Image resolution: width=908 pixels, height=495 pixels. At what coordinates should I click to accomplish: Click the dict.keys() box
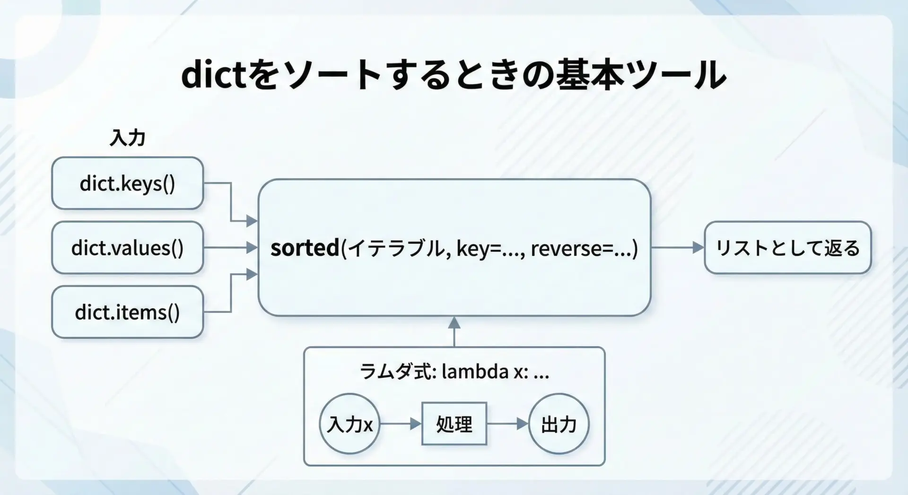point(128,183)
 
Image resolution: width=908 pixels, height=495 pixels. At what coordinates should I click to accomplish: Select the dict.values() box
point(128,248)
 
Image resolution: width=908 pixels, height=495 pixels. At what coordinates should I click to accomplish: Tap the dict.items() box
point(128,312)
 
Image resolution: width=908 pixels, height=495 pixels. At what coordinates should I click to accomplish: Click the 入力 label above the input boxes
point(127,138)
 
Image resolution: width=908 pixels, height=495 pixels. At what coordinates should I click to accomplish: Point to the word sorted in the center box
point(305,248)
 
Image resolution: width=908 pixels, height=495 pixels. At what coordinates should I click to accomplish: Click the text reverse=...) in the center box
point(585,248)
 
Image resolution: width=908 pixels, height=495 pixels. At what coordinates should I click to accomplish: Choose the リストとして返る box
point(788,248)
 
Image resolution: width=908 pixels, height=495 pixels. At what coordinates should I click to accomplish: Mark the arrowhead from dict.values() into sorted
point(252,247)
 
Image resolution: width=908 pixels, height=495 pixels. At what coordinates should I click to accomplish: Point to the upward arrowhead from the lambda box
point(454,323)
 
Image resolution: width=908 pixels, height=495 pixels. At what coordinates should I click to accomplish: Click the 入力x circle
point(350,424)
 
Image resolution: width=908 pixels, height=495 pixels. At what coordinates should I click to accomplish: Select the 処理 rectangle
point(454,424)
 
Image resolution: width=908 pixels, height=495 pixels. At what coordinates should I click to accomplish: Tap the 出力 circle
point(559,424)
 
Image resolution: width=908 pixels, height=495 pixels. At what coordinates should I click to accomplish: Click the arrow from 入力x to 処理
point(401,424)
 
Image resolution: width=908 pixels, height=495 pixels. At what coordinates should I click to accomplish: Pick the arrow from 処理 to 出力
point(507,424)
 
